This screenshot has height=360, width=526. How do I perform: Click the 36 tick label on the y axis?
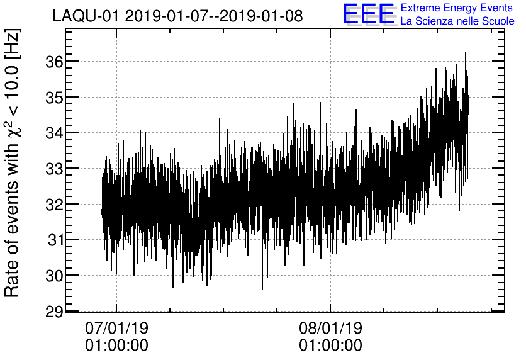pos(52,62)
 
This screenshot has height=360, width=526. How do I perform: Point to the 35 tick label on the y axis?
pos(52,98)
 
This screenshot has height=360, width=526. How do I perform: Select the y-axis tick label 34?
pos(52,133)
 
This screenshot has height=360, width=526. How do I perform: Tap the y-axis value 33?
pos(52,169)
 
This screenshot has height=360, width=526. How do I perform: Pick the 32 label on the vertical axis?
pos(52,205)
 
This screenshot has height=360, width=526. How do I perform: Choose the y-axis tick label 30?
pos(52,276)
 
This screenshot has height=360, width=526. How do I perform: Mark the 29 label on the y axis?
pos(52,311)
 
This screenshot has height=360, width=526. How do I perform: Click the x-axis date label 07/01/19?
pos(116,328)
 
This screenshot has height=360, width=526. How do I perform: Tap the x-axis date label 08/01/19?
pos(330,328)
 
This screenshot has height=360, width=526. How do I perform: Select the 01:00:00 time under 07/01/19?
pos(116,345)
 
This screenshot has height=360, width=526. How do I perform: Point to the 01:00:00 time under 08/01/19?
pos(330,345)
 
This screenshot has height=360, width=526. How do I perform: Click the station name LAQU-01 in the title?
pos(86,16)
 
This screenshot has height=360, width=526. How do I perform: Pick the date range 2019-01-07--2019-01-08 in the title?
pos(214,16)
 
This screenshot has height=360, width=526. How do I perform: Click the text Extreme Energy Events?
pos(457,8)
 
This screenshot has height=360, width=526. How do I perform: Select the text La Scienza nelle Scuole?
pos(457,21)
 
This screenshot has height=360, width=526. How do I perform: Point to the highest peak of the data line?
pos(466,53)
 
